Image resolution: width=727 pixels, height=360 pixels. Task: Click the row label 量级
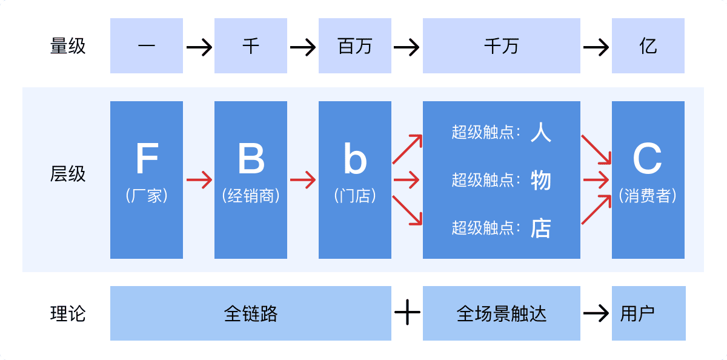(68, 46)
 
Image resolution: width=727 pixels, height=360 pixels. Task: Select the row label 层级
(68, 175)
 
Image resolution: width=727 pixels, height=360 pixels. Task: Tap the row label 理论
(68, 313)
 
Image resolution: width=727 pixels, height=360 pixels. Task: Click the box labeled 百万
(355, 46)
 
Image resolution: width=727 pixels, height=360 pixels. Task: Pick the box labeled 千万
(502, 46)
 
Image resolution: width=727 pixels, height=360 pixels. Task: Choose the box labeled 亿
(648, 46)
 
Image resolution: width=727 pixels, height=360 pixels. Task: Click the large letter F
(147, 159)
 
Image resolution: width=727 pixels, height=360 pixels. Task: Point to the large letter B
(251, 159)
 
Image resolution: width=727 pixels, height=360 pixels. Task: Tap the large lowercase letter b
(355, 159)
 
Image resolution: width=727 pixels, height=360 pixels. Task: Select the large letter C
(648, 159)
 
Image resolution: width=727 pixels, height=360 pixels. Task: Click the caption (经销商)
(251, 196)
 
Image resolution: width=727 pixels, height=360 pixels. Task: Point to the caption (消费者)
(648, 196)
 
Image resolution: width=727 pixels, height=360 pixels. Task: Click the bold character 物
(541, 180)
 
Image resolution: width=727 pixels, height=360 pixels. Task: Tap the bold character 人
(541, 132)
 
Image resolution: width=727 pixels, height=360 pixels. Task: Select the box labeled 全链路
(251, 313)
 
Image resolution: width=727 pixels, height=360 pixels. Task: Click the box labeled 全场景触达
(502, 313)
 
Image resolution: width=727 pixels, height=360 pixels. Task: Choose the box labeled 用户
(648, 313)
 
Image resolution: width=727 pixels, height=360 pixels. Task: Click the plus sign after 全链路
(407, 313)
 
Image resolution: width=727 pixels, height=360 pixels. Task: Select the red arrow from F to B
(199, 180)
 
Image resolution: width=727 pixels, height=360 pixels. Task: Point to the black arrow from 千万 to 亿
(596, 47)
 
